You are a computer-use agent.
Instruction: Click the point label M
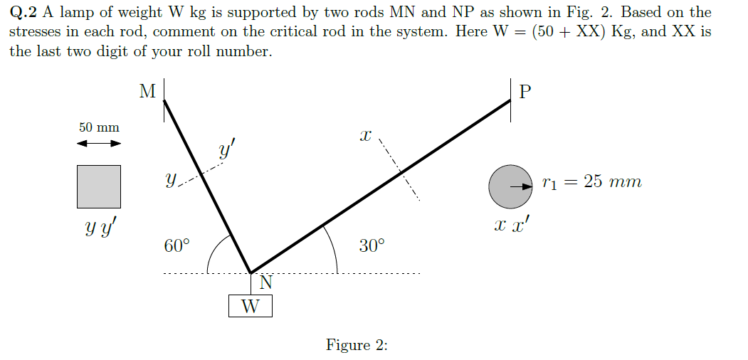tap(147, 91)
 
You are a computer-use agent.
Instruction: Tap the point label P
tap(526, 92)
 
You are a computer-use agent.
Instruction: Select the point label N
tap(265, 283)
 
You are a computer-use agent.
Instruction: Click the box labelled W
tap(250, 307)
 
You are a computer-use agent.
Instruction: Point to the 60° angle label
tap(177, 246)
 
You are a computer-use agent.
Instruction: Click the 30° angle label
tap(372, 246)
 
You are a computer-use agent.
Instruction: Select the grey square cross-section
tap(99, 186)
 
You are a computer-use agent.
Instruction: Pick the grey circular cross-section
tap(510, 186)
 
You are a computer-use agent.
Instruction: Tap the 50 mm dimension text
tap(99, 127)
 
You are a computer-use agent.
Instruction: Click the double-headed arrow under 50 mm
tap(99, 144)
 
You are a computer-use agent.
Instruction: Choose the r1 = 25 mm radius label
tap(591, 183)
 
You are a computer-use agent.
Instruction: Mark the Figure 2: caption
tap(357, 345)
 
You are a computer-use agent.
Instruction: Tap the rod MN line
tap(206, 185)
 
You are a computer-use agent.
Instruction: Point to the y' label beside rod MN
tap(226, 152)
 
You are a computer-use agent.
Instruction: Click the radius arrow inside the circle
tap(524, 186)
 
